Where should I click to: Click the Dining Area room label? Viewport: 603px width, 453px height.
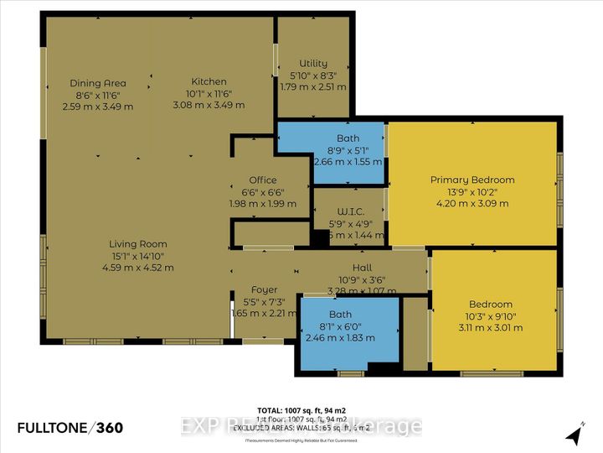(x=98, y=83)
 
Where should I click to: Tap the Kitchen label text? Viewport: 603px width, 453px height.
(x=209, y=81)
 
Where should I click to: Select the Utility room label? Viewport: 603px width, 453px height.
(x=312, y=64)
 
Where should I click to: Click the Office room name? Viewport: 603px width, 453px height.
(x=262, y=180)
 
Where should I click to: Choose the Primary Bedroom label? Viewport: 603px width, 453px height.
(x=472, y=180)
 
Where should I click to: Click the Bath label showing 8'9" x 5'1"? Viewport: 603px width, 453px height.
(x=348, y=138)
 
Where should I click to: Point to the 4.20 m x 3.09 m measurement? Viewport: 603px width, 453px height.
(x=472, y=202)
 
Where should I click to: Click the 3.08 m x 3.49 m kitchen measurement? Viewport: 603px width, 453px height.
(x=209, y=105)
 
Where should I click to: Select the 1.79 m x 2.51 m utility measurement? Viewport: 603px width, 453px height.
(x=312, y=86)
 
